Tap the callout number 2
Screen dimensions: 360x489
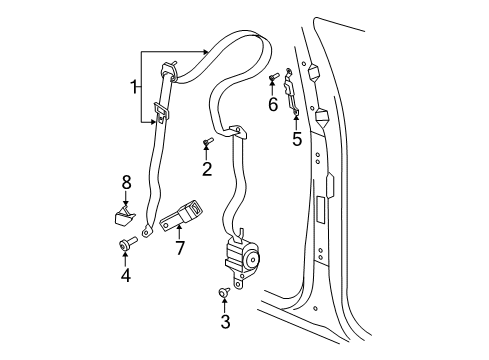(207, 169)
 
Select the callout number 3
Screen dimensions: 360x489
(225, 321)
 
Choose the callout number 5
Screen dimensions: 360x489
(297, 139)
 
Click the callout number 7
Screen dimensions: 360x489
(180, 247)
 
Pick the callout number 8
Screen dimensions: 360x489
(127, 182)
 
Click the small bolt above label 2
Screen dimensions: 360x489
(206, 144)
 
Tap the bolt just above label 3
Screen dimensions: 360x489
(224, 293)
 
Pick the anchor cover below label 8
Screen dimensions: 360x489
(125, 215)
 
